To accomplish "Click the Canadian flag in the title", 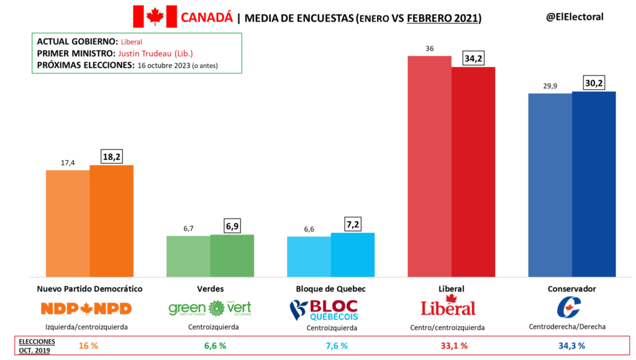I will point(155,17).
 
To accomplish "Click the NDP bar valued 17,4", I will point(68,223).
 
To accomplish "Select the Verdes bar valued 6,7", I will point(188,256).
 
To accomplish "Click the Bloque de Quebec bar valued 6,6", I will point(309,256).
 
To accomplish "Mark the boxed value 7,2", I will point(353,222).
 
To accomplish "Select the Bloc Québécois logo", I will point(324,309).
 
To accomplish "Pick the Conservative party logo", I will point(568,308).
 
